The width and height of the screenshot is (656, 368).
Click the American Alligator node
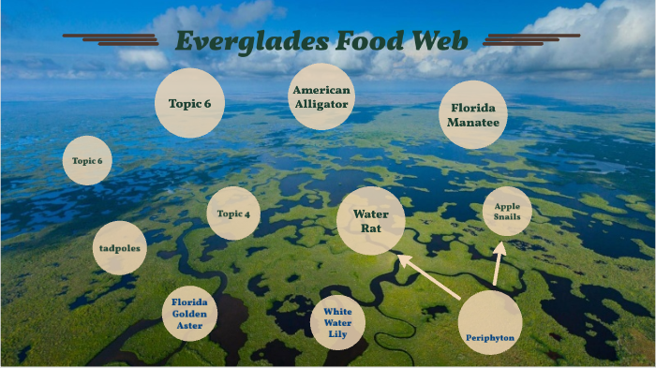tap(321, 97)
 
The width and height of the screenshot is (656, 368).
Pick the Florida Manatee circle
tap(473, 114)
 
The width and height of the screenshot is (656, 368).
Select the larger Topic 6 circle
tap(189, 103)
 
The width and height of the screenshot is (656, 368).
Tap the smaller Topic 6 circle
tap(87, 161)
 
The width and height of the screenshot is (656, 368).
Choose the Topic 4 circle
tap(233, 213)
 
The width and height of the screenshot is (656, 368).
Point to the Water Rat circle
tap(370, 220)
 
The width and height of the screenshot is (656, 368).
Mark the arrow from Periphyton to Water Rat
tap(428, 277)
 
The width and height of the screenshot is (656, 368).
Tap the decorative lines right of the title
tap(529, 39)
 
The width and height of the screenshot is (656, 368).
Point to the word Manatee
tap(473, 123)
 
